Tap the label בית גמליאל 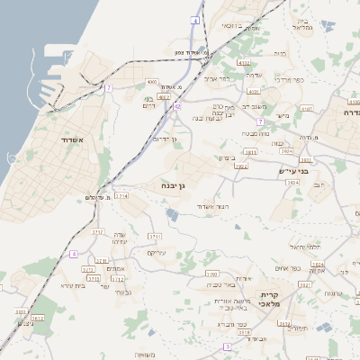point(303,22)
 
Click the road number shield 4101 point(254,92)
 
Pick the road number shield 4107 point(306,109)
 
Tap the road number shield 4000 point(151,82)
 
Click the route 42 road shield point(177,106)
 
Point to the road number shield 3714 point(121,195)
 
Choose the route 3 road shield point(228,346)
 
